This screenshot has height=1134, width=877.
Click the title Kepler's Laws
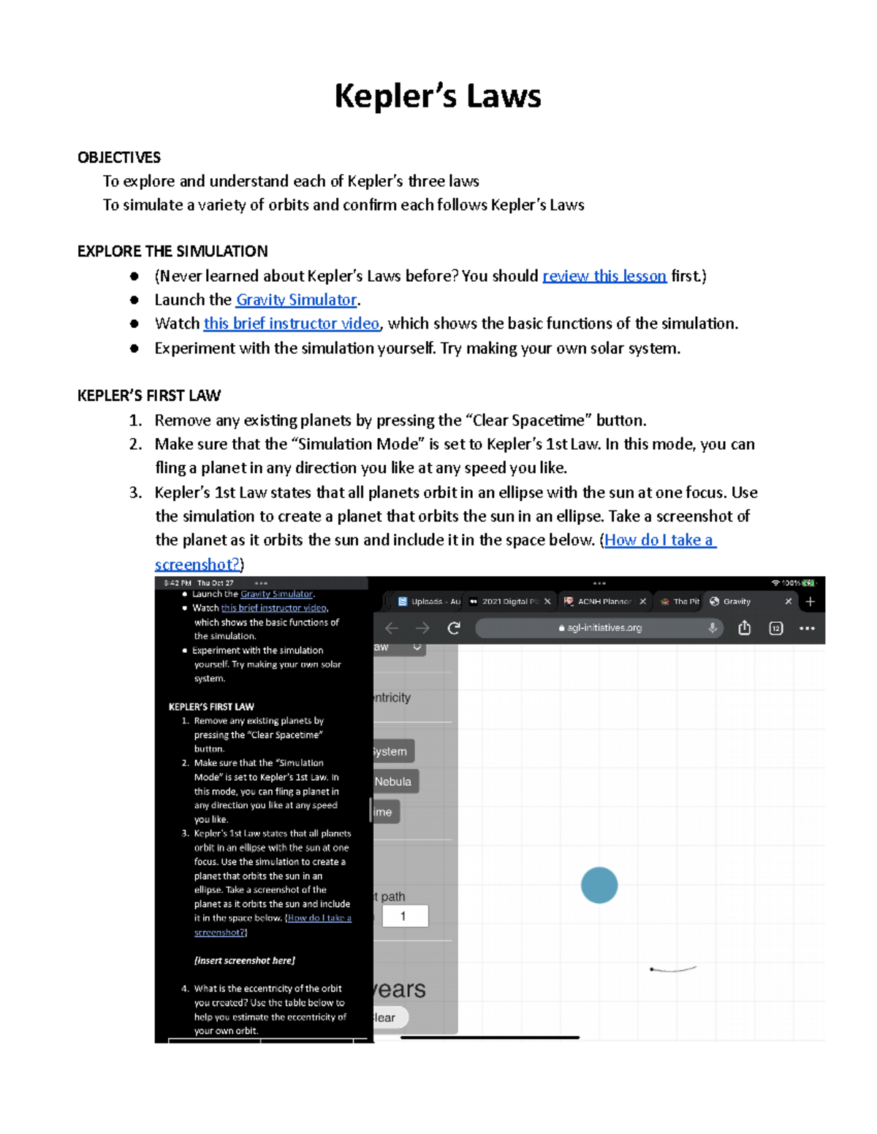(x=437, y=96)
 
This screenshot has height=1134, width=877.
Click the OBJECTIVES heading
(x=119, y=158)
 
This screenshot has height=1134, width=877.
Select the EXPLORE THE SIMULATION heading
(x=172, y=251)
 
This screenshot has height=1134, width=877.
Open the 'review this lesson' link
(x=604, y=276)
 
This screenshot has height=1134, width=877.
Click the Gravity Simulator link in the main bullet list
(x=296, y=300)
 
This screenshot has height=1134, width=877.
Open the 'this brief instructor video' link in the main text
(x=291, y=323)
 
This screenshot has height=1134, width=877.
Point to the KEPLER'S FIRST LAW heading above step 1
(x=149, y=396)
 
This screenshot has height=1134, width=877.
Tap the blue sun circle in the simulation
(x=599, y=885)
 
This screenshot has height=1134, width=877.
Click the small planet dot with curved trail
(x=652, y=969)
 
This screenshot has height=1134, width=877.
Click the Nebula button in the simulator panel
(x=393, y=781)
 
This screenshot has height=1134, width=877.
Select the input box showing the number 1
(x=404, y=916)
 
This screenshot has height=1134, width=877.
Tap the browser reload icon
(x=454, y=628)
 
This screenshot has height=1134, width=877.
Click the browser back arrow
(x=392, y=628)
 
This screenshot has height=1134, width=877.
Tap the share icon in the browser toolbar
(x=744, y=628)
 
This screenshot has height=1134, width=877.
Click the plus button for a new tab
(x=810, y=602)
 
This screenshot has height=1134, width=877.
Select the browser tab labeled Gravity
(x=737, y=602)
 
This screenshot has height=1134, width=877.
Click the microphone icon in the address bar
(x=713, y=628)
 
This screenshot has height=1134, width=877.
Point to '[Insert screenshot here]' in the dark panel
(x=244, y=961)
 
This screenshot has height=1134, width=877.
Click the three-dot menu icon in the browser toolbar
(x=807, y=628)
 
